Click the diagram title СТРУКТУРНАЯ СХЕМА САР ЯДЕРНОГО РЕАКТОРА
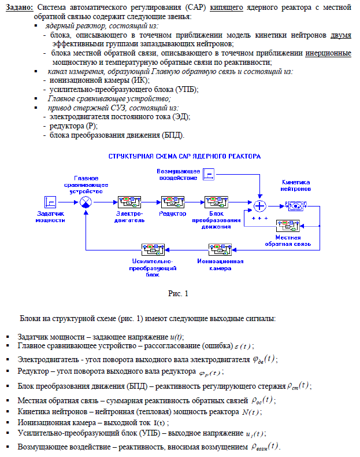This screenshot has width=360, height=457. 185,156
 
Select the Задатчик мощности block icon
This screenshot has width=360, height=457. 50,202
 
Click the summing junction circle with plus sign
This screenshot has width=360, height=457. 260,205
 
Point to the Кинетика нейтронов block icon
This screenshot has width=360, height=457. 296,205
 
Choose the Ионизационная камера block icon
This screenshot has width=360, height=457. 220,249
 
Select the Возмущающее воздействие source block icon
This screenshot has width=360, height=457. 210,173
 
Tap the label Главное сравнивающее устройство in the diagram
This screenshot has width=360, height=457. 86,184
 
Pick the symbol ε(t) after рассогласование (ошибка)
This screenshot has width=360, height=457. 243,345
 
